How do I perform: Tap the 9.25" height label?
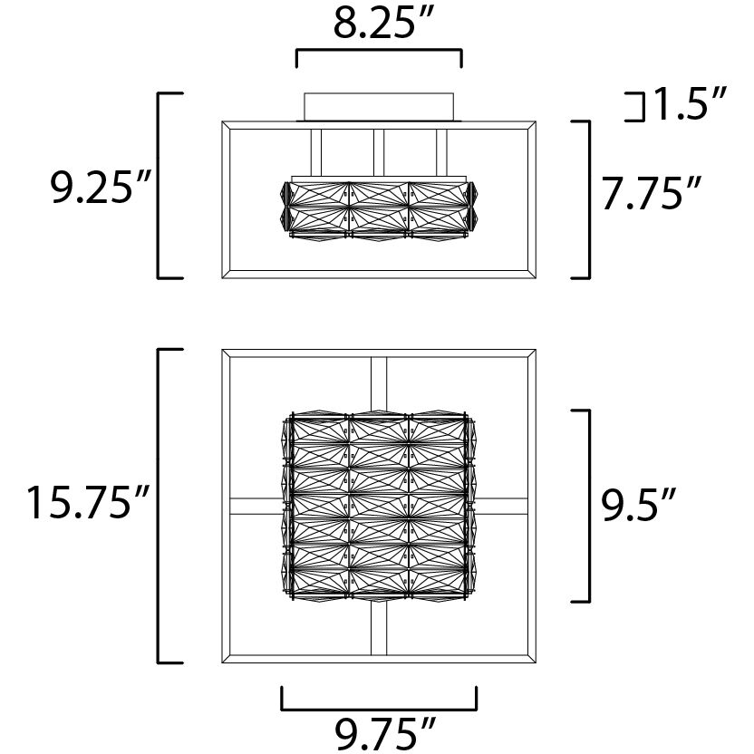pyautogui.click(x=101, y=186)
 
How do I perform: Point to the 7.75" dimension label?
pyautogui.click(x=652, y=192)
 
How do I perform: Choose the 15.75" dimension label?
pyautogui.click(x=88, y=501)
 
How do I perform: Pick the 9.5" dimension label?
pyautogui.click(x=639, y=504)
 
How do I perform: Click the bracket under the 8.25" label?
pyautogui.click(x=379, y=50)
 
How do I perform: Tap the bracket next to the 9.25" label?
pyautogui.click(x=159, y=185)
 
